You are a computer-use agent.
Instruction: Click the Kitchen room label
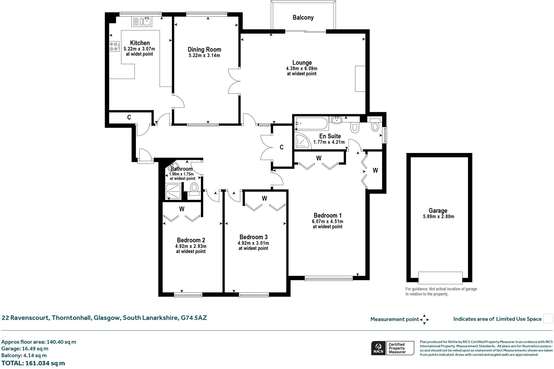point(140,43)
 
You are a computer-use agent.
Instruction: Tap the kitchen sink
point(142,21)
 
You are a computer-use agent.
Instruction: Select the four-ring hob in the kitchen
point(114,46)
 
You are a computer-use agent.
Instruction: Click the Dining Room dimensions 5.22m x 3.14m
point(204,55)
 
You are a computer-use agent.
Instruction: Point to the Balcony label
point(303,18)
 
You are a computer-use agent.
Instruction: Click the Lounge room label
point(302,63)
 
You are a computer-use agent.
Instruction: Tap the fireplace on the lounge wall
point(360,79)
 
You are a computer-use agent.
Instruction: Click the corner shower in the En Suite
point(302,141)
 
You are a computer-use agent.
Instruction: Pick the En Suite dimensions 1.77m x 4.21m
point(329,142)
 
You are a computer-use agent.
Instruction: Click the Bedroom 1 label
point(328,215)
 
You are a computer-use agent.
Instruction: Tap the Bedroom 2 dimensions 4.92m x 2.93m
point(191,246)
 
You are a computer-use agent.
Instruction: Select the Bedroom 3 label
point(253,237)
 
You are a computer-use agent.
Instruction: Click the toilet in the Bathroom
point(194,189)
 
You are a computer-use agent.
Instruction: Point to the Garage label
point(438,211)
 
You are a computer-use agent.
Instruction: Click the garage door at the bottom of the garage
point(440,278)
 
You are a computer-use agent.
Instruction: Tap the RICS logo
point(378,348)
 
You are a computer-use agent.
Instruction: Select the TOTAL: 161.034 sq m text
point(33,363)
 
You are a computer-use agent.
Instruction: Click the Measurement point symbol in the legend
point(424,319)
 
